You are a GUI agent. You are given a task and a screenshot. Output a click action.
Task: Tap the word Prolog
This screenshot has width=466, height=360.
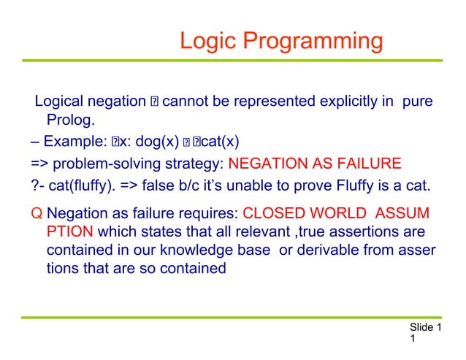pyautogui.click(x=71, y=120)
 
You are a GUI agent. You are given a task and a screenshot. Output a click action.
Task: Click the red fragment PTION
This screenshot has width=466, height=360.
pyautogui.click(x=69, y=233)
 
